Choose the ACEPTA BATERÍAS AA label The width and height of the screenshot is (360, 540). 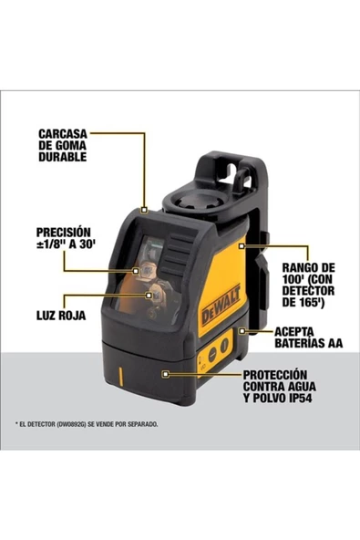coord(307,340)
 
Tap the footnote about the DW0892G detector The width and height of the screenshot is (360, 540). coord(87,424)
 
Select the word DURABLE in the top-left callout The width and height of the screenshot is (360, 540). coord(62,156)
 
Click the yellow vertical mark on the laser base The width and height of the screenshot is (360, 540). coord(120,374)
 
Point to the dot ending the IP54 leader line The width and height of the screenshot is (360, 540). coord(166,374)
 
